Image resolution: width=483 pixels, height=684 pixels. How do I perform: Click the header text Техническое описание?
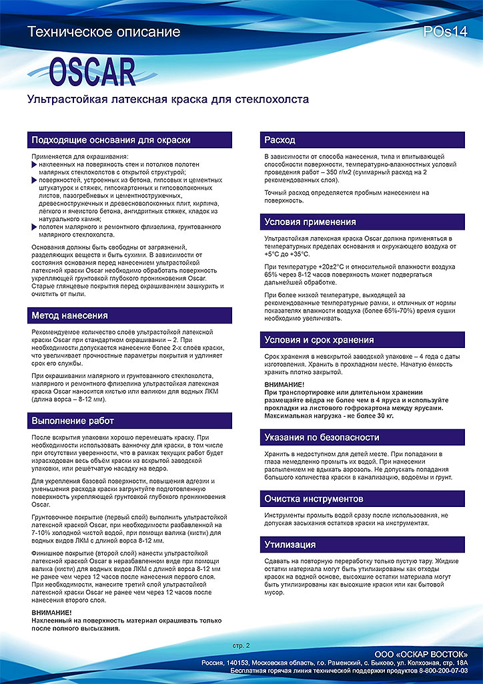104,31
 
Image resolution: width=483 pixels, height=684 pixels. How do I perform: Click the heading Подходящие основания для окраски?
111,140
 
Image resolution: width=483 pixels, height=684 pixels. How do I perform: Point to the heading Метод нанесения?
69,315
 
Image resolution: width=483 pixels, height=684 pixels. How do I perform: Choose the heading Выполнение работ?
73,421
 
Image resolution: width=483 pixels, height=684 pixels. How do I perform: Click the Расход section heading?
280,140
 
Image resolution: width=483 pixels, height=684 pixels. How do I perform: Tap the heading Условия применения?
310,222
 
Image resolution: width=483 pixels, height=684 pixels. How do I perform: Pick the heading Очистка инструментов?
314,499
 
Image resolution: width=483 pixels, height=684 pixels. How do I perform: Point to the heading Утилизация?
290,545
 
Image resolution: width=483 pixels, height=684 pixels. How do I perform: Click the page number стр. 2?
241,645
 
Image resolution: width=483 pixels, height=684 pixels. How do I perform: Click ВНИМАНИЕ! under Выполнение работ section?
51,612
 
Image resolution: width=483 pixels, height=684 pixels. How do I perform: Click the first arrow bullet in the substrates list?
35,163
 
